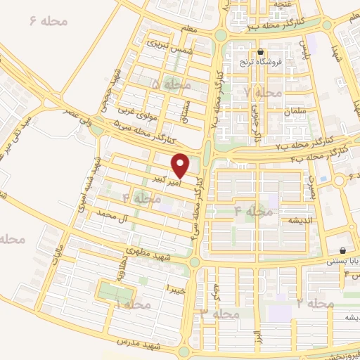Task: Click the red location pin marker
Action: point(181,165)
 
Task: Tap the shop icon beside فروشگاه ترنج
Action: point(260,51)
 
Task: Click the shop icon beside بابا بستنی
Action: point(342,250)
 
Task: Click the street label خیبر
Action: point(174,288)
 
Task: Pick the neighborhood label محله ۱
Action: point(131,304)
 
